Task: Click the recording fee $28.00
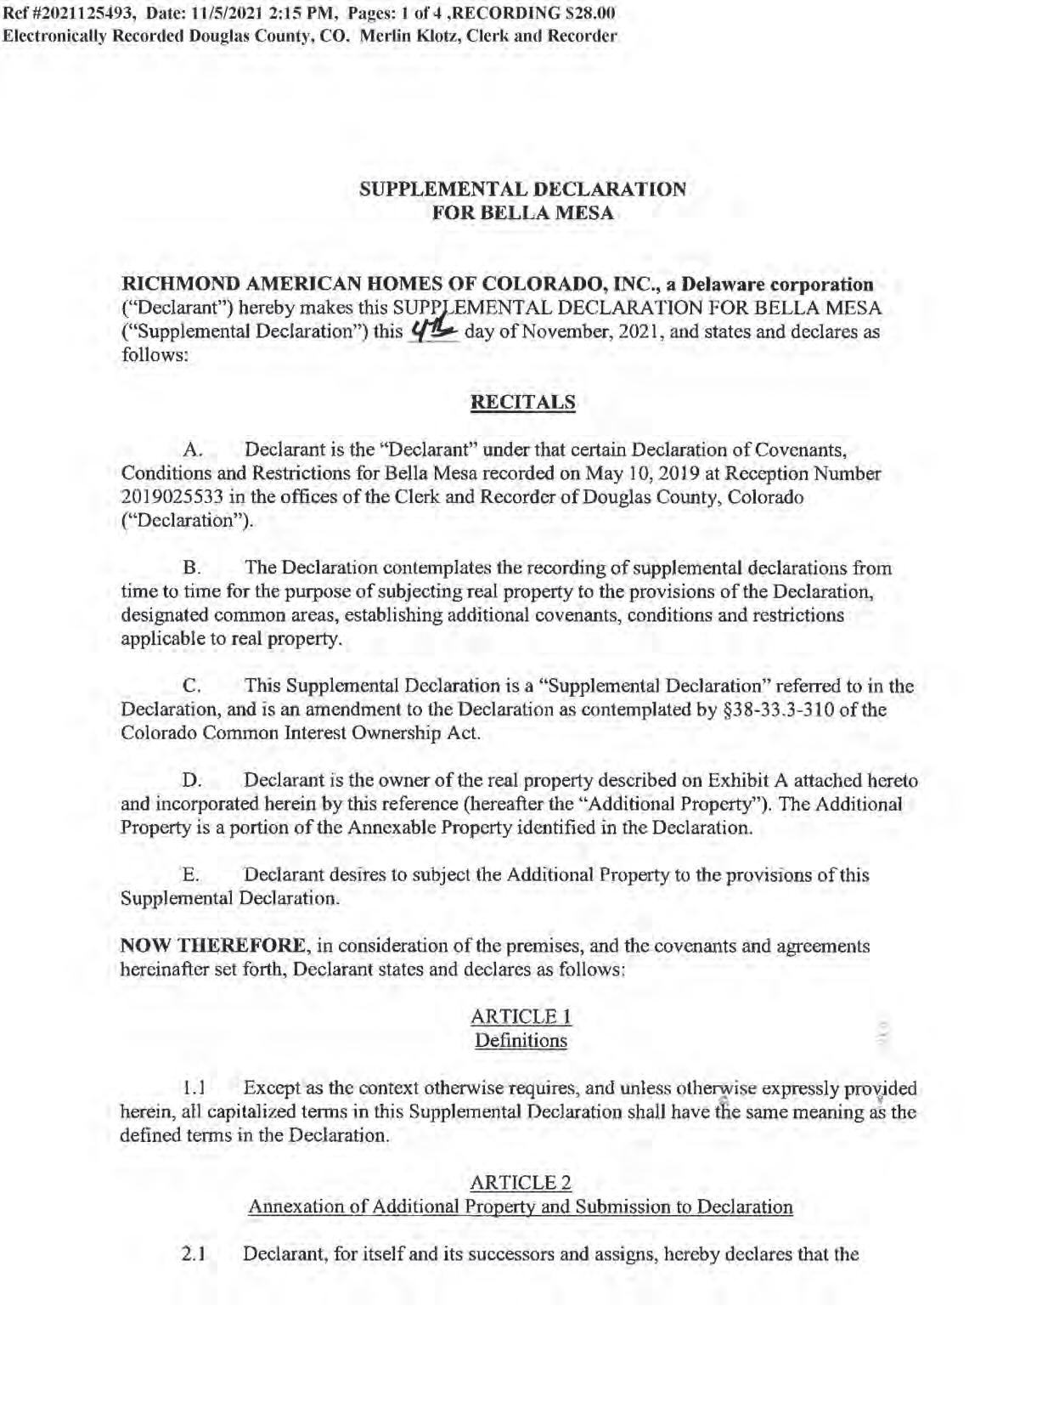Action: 589,14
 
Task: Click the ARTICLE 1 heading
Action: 521,1016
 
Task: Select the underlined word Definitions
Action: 521,1040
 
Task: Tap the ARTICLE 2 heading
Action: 521,1183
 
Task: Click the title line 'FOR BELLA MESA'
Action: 522,213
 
